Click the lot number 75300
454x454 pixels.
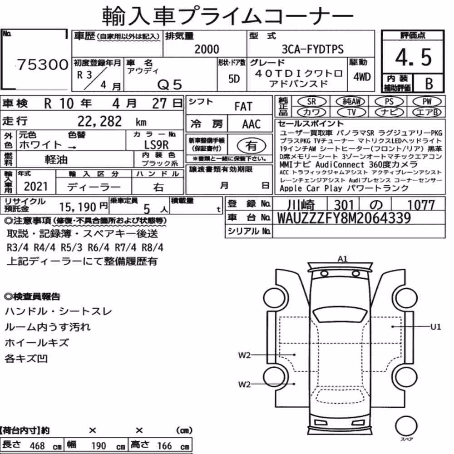(x=43, y=64)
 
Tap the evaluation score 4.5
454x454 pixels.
(x=413, y=57)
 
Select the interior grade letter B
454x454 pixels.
(x=429, y=83)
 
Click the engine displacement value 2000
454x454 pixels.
(x=207, y=49)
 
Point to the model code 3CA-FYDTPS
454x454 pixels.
(x=313, y=49)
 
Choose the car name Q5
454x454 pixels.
(x=170, y=85)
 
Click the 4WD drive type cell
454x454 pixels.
(x=362, y=77)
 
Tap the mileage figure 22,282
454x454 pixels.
(x=99, y=121)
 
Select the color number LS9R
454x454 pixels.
(x=156, y=144)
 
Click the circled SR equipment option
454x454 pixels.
(x=311, y=101)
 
